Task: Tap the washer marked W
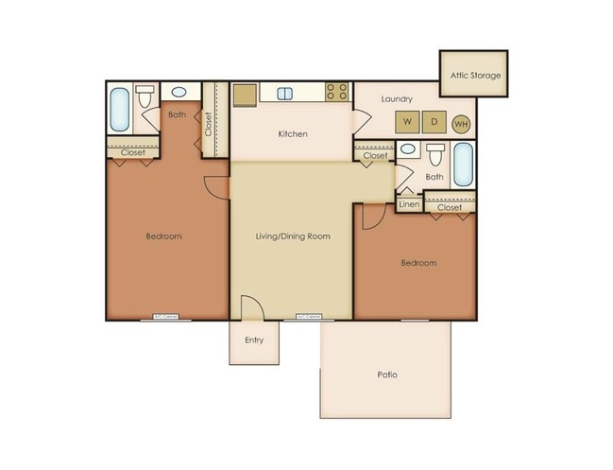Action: point(407,122)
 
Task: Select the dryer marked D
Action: point(434,122)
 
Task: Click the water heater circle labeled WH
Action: point(461,123)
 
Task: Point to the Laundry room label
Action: point(397,98)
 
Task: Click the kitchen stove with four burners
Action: point(337,92)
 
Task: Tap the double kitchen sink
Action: point(286,93)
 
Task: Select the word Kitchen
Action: point(293,134)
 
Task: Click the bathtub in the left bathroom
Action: point(120,109)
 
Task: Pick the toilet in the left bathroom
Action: point(145,96)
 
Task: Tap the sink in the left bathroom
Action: point(179,92)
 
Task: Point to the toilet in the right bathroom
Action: point(435,154)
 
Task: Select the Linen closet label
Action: point(409,203)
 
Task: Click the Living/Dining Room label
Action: point(293,235)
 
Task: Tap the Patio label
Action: point(385,374)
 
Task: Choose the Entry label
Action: point(254,340)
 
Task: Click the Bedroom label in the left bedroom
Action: point(163,235)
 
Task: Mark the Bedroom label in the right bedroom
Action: point(418,263)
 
